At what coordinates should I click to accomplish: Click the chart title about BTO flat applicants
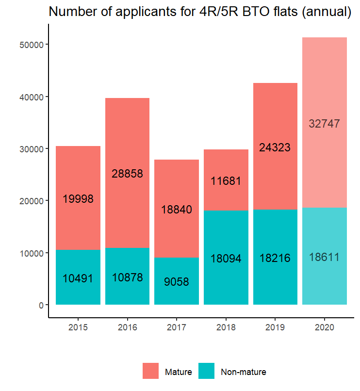tap(200, 12)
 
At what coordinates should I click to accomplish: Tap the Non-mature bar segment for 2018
tap(226, 281)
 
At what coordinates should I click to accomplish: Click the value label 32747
tap(324, 124)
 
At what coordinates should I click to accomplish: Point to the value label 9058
tap(177, 282)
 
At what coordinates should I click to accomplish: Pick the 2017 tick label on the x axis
tap(177, 327)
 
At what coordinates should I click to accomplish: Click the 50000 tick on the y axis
tap(32, 45)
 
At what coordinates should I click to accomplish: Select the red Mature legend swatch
tap(151, 371)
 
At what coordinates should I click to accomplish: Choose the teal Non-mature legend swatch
tap(207, 371)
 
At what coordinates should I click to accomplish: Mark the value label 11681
tap(226, 181)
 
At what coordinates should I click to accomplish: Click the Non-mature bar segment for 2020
tap(324, 281)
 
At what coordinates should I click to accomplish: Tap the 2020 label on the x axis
tap(324, 327)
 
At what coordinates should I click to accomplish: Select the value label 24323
tap(275, 148)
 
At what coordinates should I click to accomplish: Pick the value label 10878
tap(127, 278)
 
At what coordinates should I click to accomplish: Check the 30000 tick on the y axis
tap(32, 149)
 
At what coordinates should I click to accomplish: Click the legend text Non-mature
tap(244, 373)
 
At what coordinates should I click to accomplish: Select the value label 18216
tap(275, 258)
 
